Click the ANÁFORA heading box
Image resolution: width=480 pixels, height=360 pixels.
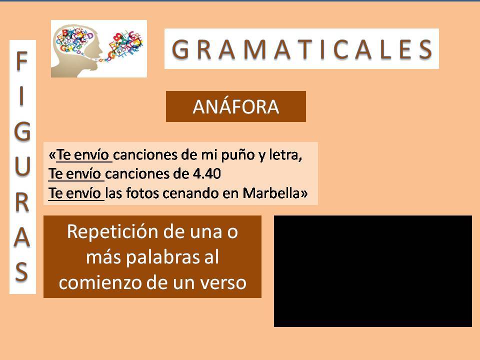pyautogui.click(x=235, y=106)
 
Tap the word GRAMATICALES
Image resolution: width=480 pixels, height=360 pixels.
pyautogui.click(x=302, y=49)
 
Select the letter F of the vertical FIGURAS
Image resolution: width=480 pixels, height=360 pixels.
pyautogui.click(x=21, y=61)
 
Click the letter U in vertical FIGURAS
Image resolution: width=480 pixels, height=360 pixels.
pyautogui.click(x=22, y=166)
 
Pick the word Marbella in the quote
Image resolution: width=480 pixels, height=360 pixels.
pyautogui.click(x=271, y=193)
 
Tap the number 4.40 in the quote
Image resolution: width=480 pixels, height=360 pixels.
pyautogui.click(x=206, y=174)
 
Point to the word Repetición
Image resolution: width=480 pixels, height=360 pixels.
pyautogui.click(x=112, y=231)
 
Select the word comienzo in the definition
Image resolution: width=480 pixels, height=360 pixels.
pyautogui.click(x=100, y=282)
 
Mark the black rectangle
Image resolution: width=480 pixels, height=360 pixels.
pyautogui.click(x=373, y=271)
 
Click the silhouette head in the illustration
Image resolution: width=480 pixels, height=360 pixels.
pyautogui.click(x=76, y=52)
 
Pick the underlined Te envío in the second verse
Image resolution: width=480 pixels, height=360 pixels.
pyautogui.click(x=74, y=174)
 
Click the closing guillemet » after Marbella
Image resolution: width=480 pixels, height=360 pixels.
pyautogui.click(x=303, y=193)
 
